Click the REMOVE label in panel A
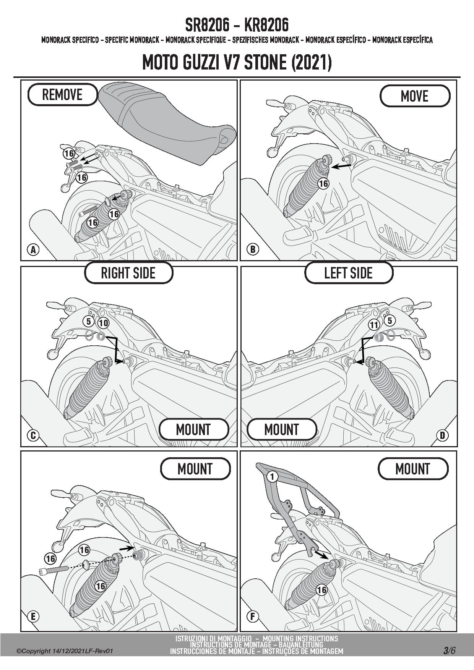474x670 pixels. pyautogui.click(x=62, y=94)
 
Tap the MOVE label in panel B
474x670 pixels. pyautogui.click(x=415, y=96)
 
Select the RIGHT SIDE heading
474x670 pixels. pyautogui.click(x=128, y=273)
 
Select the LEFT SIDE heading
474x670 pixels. pyautogui.click(x=348, y=273)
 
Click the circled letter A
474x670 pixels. pyautogui.click(x=33, y=250)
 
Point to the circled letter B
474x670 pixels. pyautogui.click(x=253, y=249)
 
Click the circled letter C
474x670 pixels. pyautogui.click(x=33, y=435)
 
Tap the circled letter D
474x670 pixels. pyautogui.click(x=442, y=435)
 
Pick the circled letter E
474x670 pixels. pyautogui.click(x=33, y=616)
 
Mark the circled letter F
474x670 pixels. pyautogui.click(x=253, y=616)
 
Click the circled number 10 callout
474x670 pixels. pyautogui.click(x=103, y=323)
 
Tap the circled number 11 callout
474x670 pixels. pyautogui.click(x=374, y=325)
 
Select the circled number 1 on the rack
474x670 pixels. pyautogui.click(x=272, y=476)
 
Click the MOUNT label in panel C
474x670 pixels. pyautogui.click(x=193, y=429)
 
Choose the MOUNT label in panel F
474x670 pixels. pyautogui.click(x=413, y=469)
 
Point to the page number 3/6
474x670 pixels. pyautogui.click(x=450, y=650)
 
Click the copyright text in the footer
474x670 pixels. pyautogui.click(x=65, y=651)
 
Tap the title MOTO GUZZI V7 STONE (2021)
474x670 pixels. pyautogui.click(x=237, y=63)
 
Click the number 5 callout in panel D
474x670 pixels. pyautogui.click(x=390, y=320)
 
